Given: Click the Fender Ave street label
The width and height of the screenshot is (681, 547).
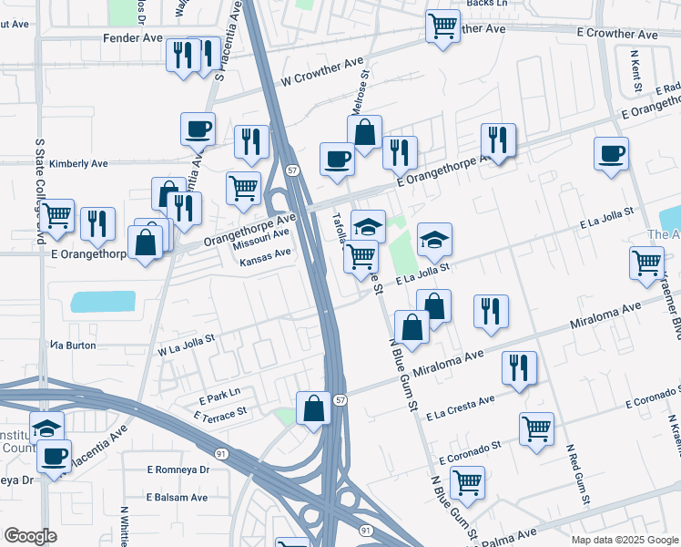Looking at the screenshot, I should [x=133, y=38].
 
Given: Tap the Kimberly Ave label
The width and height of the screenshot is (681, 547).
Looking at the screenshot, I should [x=79, y=164].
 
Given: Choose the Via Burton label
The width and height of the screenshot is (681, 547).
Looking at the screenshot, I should [x=73, y=346].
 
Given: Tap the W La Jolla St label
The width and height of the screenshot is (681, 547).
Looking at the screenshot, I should [x=186, y=344].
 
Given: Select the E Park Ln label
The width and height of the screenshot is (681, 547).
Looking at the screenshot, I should [x=219, y=395].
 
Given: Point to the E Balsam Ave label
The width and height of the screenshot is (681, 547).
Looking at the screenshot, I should [x=177, y=498].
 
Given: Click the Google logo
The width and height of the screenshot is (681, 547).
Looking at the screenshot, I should [x=31, y=535].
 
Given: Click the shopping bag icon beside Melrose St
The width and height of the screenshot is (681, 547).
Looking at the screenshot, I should [x=365, y=132].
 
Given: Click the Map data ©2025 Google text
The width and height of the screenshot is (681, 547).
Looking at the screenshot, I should [x=625, y=540].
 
